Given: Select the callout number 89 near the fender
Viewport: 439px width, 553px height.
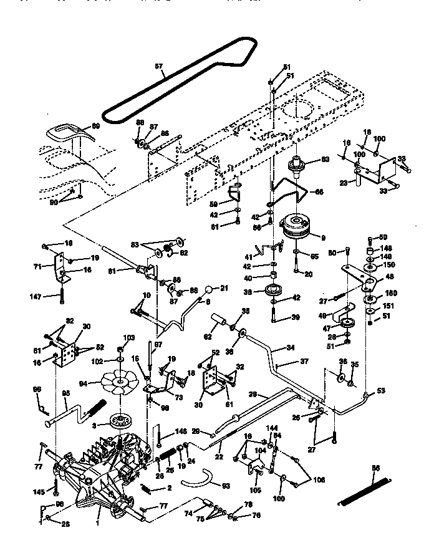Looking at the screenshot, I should pyautogui.click(x=95, y=127).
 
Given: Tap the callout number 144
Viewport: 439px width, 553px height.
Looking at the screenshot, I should pyautogui.click(x=272, y=429).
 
